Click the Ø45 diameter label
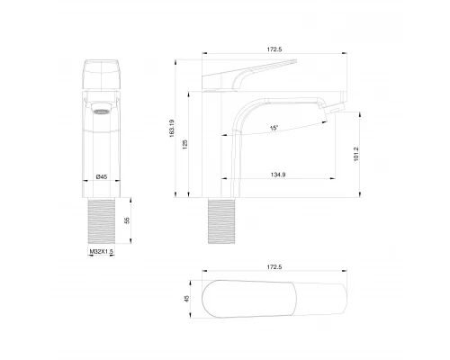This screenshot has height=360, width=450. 103,176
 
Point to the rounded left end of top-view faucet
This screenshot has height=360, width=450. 209,302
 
